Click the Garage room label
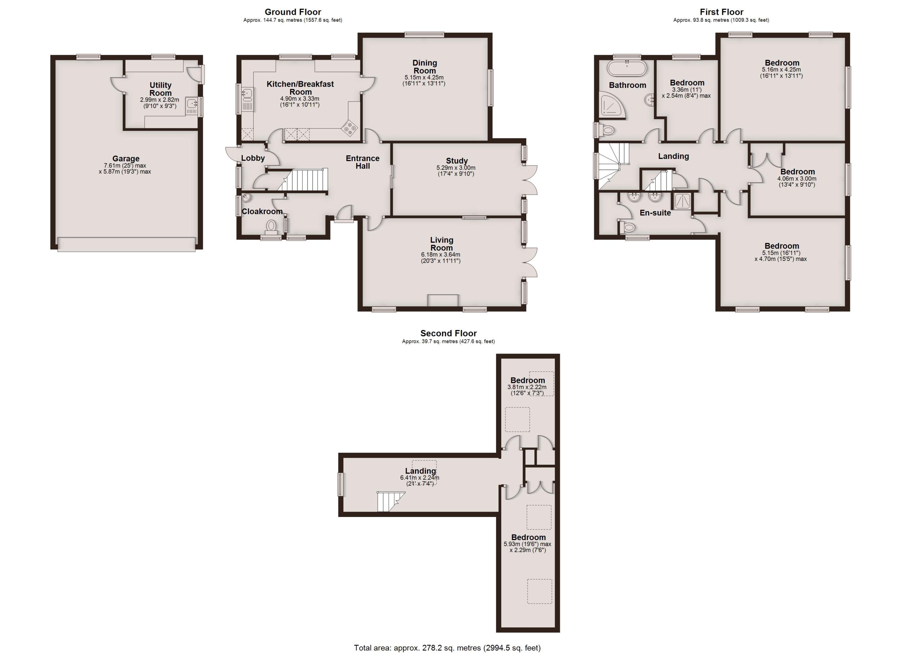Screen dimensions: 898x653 [126, 159]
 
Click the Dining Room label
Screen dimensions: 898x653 [425, 67]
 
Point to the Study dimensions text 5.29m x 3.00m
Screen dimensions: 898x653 [456, 168]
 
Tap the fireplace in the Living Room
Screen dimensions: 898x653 [443, 301]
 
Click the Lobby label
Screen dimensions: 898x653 [253, 158]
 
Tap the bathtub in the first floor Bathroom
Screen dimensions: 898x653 [627, 68]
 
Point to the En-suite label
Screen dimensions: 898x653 [655, 213]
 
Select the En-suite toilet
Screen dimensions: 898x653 [627, 227]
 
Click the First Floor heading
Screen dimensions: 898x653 [722, 12]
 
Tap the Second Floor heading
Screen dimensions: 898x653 [448, 333]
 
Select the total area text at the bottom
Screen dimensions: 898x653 [447, 647]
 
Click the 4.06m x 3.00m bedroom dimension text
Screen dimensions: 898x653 [797, 179]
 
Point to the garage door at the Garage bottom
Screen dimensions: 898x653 [126, 244]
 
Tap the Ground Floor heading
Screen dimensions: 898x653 [293, 12]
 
